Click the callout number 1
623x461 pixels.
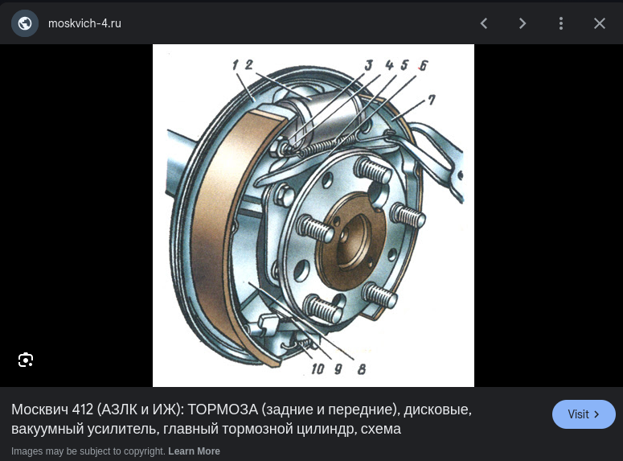(x=236, y=65)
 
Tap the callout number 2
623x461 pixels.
(x=249, y=65)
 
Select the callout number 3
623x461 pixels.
(x=369, y=65)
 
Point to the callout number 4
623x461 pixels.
(x=389, y=65)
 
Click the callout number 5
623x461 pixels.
(x=404, y=65)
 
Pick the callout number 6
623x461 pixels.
(x=424, y=65)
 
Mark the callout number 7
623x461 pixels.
(x=432, y=100)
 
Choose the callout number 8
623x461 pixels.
(x=362, y=369)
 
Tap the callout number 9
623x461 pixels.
(x=338, y=369)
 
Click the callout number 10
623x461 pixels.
(x=318, y=369)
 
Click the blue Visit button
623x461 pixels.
(x=584, y=414)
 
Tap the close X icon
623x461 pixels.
(x=600, y=23)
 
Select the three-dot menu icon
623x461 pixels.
(x=561, y=23)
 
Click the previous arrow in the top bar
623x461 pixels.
(x=484, y=23)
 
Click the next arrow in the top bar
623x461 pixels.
(x=523, y=23)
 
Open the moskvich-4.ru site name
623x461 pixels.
(x=84, y=23)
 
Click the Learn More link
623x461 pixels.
(x=194, y=451)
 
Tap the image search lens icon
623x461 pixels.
(x=26, y=360)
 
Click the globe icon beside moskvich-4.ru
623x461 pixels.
(x=25, y=23)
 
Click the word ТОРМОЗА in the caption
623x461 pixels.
(x=223, y=410)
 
